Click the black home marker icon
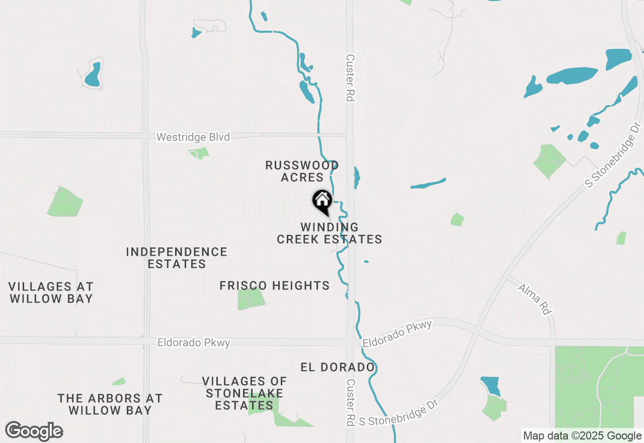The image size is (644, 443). click(x=322, y=201)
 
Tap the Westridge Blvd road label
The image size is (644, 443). click(x=193, y=137)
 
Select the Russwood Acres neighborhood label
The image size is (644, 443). click(x=302, y=171)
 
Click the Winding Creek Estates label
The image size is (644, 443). click(x=330, y=234)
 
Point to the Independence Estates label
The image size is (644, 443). click(x=177, y=258)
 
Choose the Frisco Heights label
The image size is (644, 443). click(x=275, y=286)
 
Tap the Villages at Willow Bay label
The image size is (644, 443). click(x=51, y=292)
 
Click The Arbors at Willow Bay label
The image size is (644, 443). click(x=110, y=404)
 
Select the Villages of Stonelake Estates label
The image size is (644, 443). click(x=245, y=393)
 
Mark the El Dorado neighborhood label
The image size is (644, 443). click(x=338, y=367)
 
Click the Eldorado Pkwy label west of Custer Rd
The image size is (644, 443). click(x=194, y=343)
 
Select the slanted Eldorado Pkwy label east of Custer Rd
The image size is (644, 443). click(x=397, y=333)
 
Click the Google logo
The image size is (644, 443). click(x=34, y=431)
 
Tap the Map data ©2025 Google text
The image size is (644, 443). click(x=582, y=436)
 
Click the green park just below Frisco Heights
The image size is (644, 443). click(x=251, y=299)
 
